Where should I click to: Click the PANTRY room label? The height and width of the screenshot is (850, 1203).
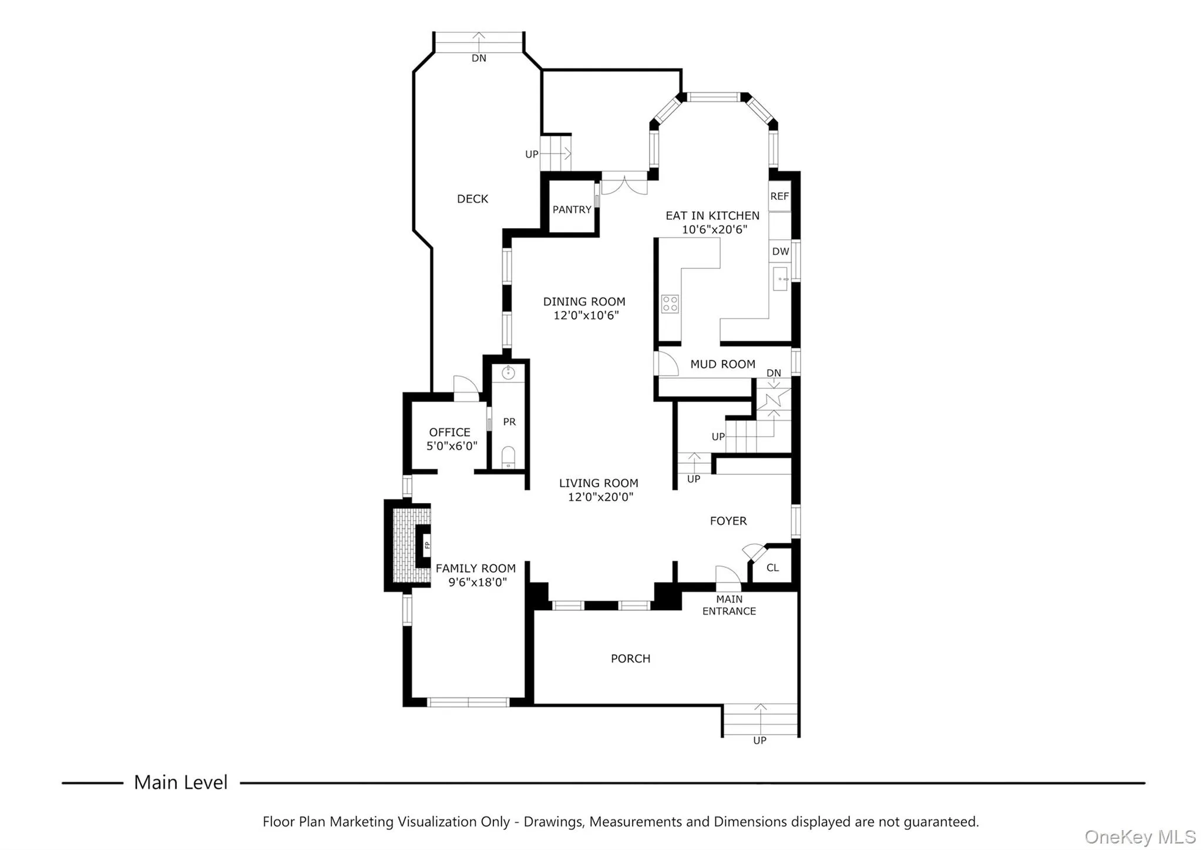coord(572,210)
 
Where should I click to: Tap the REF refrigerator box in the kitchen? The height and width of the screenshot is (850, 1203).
coord(779,196)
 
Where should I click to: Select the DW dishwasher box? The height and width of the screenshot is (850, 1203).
coord(780,252)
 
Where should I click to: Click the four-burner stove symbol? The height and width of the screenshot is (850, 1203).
coord(670,303)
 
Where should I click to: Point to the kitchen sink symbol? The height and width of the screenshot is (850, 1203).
coord(781,278)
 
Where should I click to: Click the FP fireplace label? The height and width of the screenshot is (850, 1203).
coord(427,545)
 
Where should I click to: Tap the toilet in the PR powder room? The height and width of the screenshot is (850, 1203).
coord(508,457)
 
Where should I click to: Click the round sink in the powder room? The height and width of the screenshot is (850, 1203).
coord(508,372)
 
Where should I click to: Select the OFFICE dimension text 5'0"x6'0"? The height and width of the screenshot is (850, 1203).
coord(452,446)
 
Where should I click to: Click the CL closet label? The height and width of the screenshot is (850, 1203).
coord(772,568)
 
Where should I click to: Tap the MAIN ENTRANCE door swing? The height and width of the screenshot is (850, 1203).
coord(727,576)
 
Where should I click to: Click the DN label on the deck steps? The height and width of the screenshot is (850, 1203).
coord(479,58)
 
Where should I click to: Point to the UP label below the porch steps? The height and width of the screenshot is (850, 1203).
coord(760,741)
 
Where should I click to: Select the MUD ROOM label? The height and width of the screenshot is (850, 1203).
coord(723,364)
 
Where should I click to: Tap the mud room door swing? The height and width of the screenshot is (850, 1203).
coord(666,364)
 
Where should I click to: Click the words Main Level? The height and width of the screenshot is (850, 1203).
coord(180,782)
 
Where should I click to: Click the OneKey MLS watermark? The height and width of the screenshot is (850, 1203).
coord(1140,836)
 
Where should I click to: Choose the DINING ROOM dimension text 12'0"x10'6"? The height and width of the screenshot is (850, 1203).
coord(586,316)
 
